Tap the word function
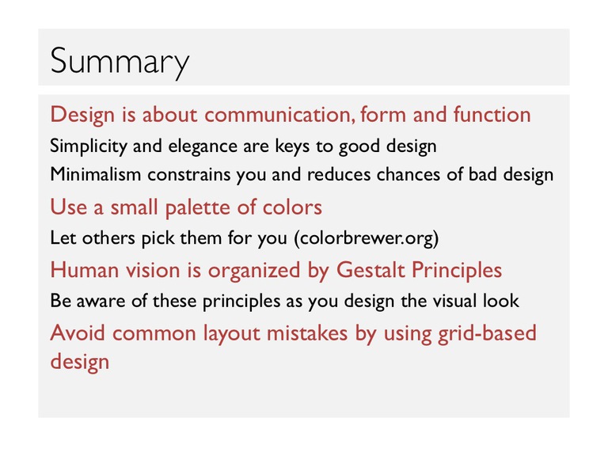pos(492,114)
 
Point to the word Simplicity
pos(89,147)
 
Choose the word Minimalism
pos(95,174)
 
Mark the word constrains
pos(189,175)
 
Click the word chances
pos(408,174)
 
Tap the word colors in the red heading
pos(292,207)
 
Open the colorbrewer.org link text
pos(367,238)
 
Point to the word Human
pos(84,270)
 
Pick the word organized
pos(254,271)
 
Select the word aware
pos(101,302)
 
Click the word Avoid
pos(78,333)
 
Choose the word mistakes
pos(306,333)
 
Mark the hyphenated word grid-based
pos(487,333)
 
